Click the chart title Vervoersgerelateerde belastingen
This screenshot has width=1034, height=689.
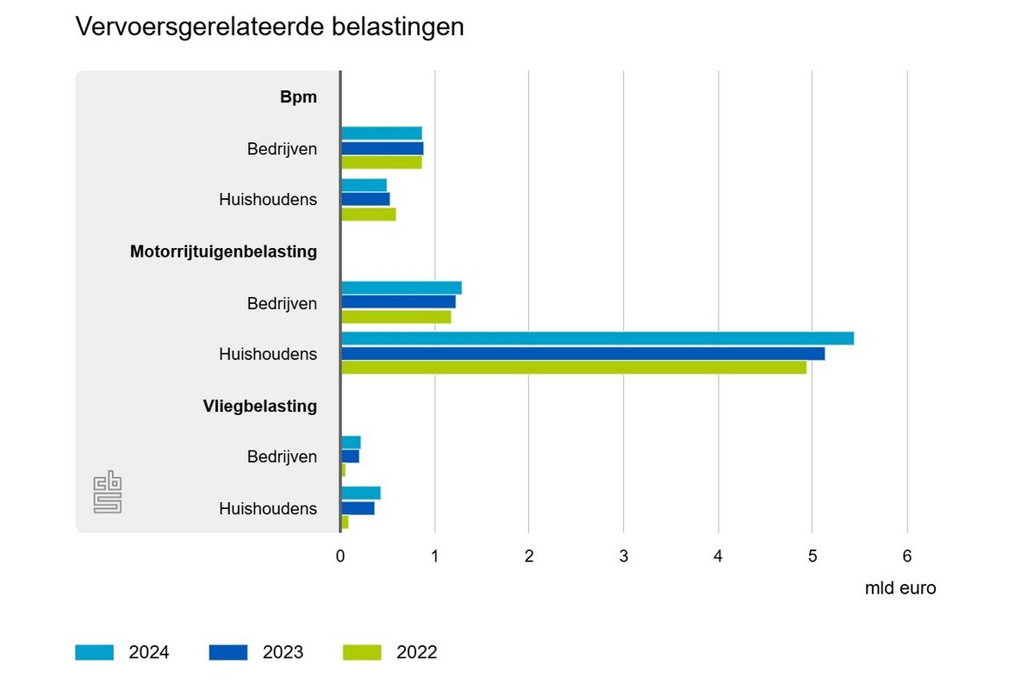pos(270,27)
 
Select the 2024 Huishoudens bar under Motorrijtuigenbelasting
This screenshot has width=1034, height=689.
pos(597,338)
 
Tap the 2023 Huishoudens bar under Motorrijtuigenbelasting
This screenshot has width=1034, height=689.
pos(582,353)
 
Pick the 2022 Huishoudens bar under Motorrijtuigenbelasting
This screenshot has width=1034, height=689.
pos(574,368)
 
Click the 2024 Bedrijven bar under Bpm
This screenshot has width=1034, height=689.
pos(382,133)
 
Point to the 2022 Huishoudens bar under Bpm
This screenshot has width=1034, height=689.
pos(369,214)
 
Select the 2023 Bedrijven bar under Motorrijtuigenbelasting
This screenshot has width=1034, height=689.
pos(398,301)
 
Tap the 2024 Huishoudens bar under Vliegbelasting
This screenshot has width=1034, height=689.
pos(361,493)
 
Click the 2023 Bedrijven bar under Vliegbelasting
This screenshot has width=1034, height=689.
pos(350,456)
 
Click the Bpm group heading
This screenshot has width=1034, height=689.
pos(298,97)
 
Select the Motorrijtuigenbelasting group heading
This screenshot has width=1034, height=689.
pos(223,252)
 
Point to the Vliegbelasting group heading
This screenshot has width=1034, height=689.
pos(254,406)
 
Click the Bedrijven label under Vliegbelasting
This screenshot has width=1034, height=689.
pos(282,457)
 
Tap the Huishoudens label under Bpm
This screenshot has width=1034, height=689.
pos(268,200)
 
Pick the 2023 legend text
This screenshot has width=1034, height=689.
pos(283,652)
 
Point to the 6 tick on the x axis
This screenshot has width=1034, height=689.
pos(906,556)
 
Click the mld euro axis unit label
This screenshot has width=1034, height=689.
pos(900,589)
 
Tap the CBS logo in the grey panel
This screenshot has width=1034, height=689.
pos(108,493)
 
